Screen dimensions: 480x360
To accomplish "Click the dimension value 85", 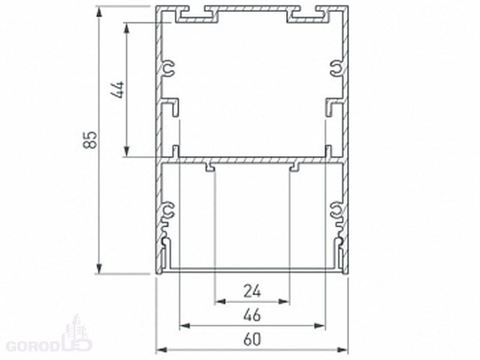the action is point(91,140).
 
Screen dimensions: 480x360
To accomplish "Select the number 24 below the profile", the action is point(252,291).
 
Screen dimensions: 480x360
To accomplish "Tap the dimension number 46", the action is point(252,315).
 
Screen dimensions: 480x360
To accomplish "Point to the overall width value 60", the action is point(252,340).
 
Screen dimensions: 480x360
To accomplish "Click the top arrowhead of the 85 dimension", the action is point(99,12).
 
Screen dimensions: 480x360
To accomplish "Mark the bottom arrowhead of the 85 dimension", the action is point(99,268).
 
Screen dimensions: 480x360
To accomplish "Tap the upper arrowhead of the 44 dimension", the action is point(127,28).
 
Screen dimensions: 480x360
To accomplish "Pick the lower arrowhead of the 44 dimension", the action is point(127,152).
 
